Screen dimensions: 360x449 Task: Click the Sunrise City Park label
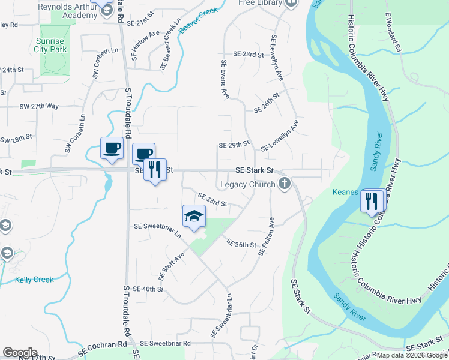click(50, 46)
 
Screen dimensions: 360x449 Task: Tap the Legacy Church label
click(250, 184)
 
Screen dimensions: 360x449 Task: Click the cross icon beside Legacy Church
click(285, 184)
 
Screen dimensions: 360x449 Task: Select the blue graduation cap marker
click(194, 217)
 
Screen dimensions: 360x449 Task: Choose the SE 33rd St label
click(212, 200)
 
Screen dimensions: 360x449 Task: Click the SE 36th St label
click(241, 244)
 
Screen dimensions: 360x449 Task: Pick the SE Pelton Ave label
click(266, 237)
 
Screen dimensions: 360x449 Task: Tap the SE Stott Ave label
click(171, 266)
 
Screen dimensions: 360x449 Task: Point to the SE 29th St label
click(234, 145)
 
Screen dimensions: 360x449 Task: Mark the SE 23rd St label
click(250, 54)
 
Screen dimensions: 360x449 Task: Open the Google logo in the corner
click(20, 353)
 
